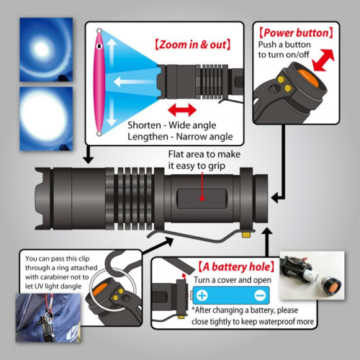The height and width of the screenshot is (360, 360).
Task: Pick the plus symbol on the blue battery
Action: [202, 294]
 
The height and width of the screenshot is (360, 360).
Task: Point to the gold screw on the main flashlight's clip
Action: [247, 233]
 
